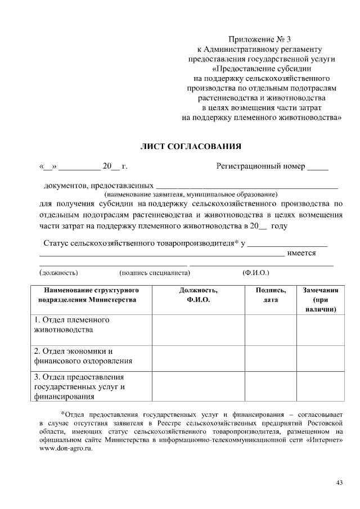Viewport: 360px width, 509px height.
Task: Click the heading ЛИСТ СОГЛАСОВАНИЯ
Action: (191, 147)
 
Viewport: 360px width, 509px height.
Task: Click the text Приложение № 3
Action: (260, 39)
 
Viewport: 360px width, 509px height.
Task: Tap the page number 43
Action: (339, 483)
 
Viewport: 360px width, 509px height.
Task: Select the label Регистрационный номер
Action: (261, 166)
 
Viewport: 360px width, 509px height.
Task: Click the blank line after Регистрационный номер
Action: (318, 168)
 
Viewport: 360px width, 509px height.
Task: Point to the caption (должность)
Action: (58, 272)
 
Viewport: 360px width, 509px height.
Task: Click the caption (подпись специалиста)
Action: (155, 272)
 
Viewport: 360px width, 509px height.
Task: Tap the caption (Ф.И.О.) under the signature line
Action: (255, 272)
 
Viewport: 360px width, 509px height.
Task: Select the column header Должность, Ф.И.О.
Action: (198, 295)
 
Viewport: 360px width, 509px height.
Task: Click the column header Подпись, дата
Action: (271, 295)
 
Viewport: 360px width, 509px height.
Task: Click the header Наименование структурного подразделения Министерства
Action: (87, 295)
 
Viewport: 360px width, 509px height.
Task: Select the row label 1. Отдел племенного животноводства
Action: (71, 325)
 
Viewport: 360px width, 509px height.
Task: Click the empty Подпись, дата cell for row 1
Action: (271, 328)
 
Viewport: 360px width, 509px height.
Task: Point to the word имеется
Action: (301, 253)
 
